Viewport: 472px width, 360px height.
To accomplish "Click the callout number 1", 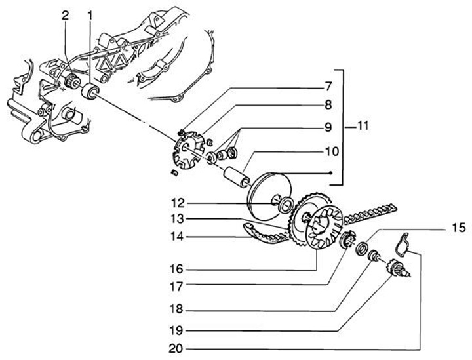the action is coord(90,14).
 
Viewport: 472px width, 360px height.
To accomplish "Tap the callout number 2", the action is coord(66,14).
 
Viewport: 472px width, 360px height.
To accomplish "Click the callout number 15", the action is coord(459,228).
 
